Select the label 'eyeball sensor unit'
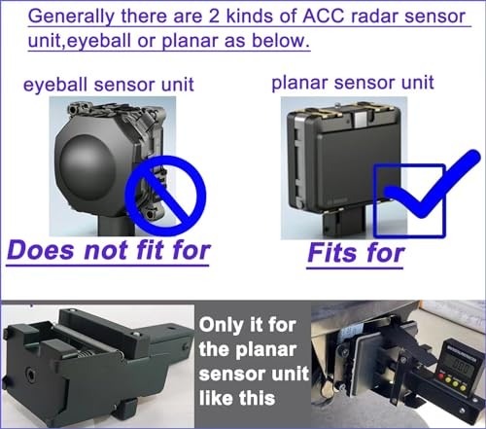(x=109, y=85)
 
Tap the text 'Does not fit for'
(x=108, y=250)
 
